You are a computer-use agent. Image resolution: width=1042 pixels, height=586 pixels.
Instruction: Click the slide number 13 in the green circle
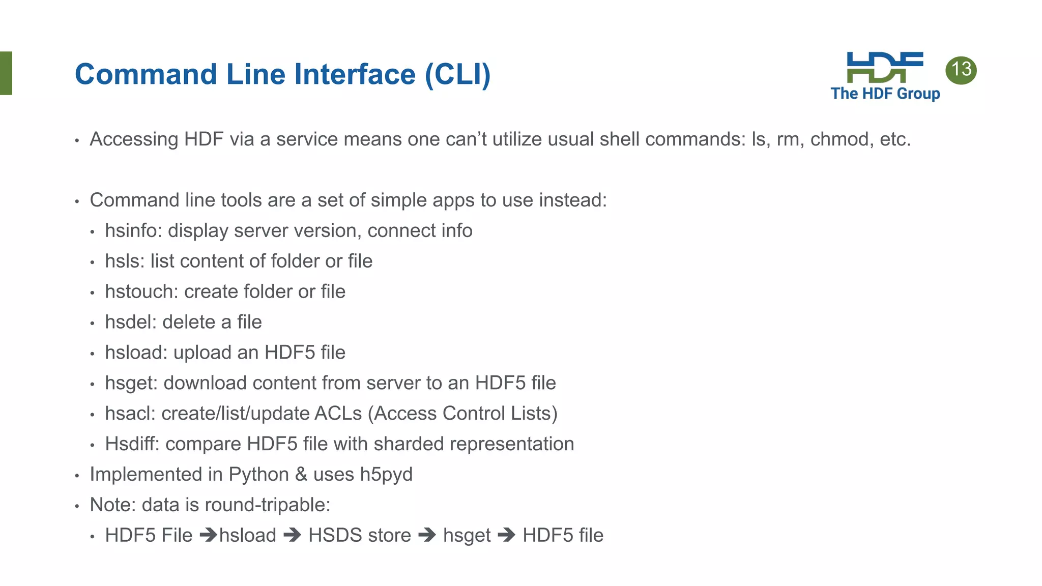click(x=961, y=70)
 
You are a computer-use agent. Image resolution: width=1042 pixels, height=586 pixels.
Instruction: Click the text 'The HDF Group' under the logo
click(x=885, y=94)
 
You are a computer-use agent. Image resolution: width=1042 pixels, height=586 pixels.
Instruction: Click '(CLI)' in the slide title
click(x=458, y=74)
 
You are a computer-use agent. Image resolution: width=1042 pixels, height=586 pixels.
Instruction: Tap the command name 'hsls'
click(x=122, y=261)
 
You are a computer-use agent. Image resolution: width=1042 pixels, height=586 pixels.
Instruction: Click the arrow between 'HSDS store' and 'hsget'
click(x=427, y=535)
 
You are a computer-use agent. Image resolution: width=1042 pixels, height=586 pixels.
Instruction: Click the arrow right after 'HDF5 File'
click(x=208, y=535)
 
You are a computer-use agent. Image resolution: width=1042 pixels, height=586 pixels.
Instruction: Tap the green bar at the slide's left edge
click(x=6, y=73)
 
